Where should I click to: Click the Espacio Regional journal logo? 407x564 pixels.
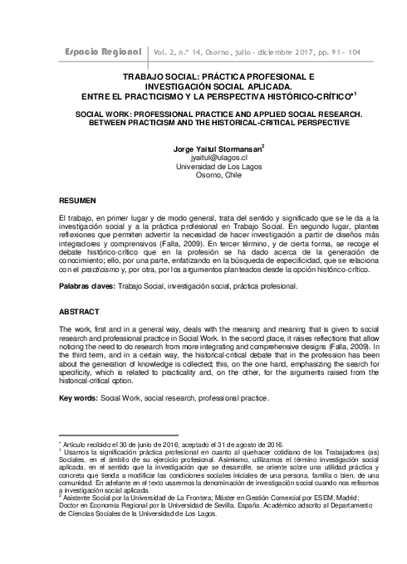tap(102, 52)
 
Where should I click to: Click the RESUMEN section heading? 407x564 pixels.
tap(77, 202)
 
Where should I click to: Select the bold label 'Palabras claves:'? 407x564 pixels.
tap(91, 285)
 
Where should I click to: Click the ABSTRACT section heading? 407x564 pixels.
tap(79, 312)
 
